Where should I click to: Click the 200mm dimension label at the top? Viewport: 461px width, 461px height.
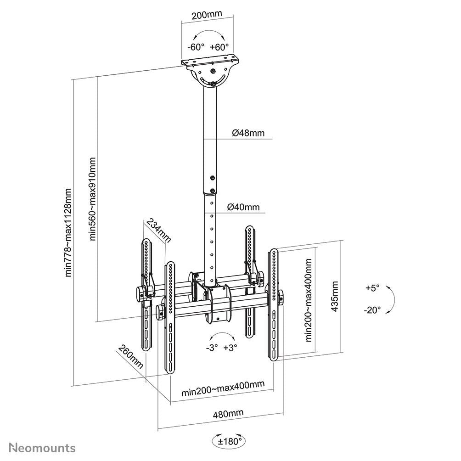click(x=207, y=14)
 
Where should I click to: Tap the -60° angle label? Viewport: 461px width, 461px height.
click(x=196, y=47)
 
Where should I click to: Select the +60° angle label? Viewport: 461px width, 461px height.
click(x=219, y=47)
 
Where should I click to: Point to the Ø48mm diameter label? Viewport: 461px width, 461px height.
click(x=248, y=133)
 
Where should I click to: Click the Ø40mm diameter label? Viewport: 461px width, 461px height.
click(x=243, y=208)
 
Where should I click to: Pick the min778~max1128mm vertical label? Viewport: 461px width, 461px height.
click(x=68, y=232)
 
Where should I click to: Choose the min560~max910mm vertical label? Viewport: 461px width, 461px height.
click(x=93, y=199)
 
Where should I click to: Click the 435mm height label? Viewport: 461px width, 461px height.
click(x=336, y=297)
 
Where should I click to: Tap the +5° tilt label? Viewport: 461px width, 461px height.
click(x=373, y=288)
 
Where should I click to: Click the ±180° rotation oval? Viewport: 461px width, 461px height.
click(x=228, y=442)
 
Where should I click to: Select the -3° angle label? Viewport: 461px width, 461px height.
click(x=212, y=348)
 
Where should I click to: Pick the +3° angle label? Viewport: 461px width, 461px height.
click(x=230, y=348)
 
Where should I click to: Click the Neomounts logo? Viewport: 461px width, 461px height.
click(x=43, y=447)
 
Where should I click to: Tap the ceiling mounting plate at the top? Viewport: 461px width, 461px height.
click(x=211, y=62)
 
